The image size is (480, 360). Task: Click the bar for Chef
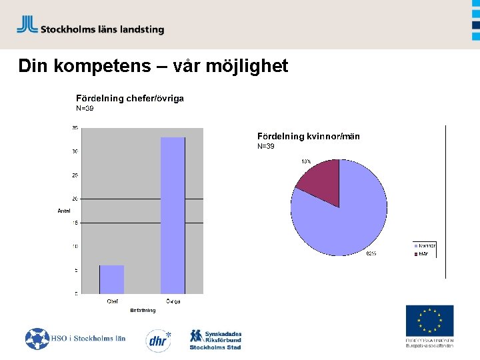click(x=112, y=279)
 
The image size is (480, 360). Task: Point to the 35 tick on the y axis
click(x=75, y=127)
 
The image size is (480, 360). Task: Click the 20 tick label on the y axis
click(x=75, y=199)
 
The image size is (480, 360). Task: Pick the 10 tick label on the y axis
click(x=75, y=247)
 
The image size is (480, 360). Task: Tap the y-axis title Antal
click(x=64, y=211)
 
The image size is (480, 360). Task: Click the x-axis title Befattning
click(x=143, y=310)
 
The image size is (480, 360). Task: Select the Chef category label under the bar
click(x=113, y=301)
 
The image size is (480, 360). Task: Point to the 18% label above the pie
click(x=306, y=161)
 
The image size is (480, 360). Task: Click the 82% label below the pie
click(x=371, y=253)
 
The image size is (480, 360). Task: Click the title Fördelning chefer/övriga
click(x=130, y=98)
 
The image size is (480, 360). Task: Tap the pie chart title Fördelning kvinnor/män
click(x=309, y=136)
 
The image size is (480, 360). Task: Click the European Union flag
click(x=429, y=321)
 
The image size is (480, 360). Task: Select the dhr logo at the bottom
click(x=158, y=339)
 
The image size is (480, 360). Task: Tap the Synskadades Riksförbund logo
click(x=215, y=339)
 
